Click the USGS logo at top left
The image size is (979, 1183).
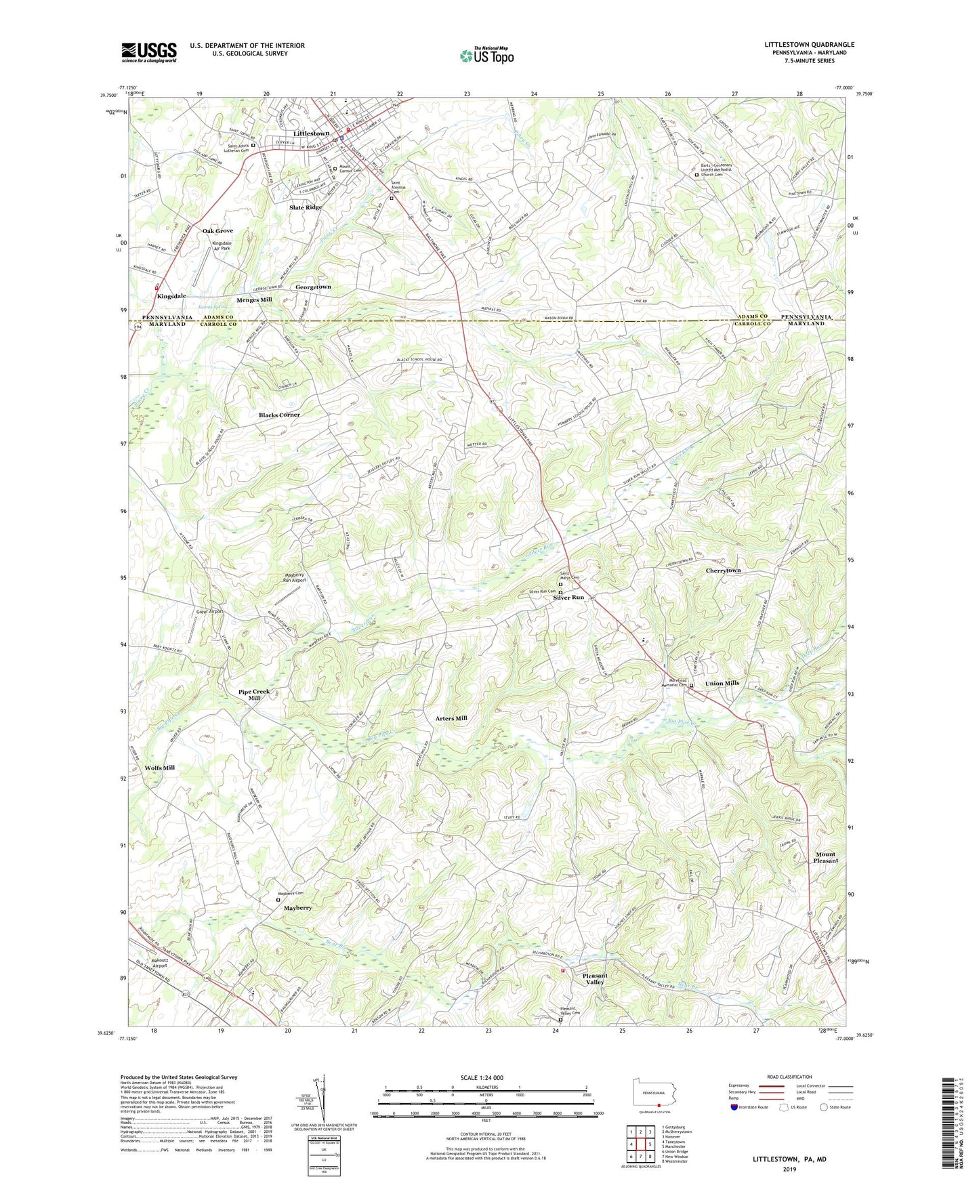tap(149, 52)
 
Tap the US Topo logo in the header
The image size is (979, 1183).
tap(486, 56)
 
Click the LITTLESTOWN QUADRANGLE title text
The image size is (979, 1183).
tap(809, 45)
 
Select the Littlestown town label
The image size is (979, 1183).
tap(311, 133)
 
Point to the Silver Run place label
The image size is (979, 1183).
tap(568, 598)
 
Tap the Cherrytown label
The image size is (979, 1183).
tap(723, 570)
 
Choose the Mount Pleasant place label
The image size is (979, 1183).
tap(825, 858)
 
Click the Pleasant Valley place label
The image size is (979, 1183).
tap(594, 979)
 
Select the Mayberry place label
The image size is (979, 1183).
tap(297, 908)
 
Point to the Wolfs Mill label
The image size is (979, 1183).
tap(160, 768)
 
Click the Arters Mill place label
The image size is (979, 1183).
tap(451, 718)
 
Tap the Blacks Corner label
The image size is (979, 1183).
tap(279, 415)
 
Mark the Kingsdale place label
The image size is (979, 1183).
tap(171, 296)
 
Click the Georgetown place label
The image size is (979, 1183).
tap(313, 287)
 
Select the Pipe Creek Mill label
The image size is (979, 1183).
tap(254, 695)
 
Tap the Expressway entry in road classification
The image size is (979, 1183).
tap(739, 1085)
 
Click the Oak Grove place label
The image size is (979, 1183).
tap(217, 231)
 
